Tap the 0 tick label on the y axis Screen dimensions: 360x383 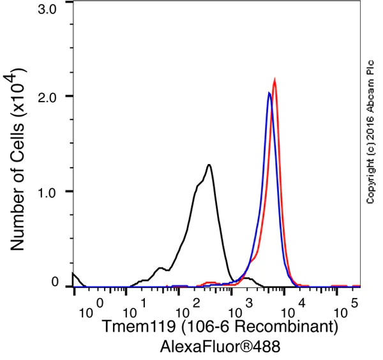pyautogui.click(x=56, y=281)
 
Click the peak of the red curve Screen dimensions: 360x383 pyautogui.click(x=274, y=80)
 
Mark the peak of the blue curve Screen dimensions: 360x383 pyautogui.click(x=269, y=93)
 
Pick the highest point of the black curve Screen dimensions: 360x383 pyautogui.click(x=209, y=165)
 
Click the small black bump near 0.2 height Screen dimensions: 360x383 pyautogui.click(x=160, y=268)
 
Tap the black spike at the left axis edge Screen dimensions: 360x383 pyautogui.click(x=74, y=274)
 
